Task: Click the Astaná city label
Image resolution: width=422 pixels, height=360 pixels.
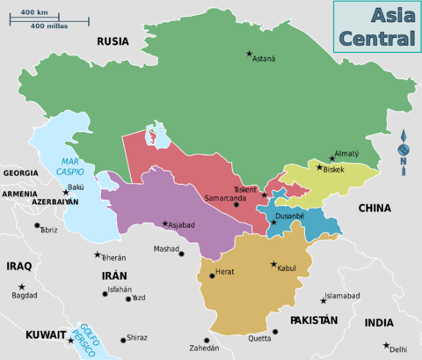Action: click(265, 59)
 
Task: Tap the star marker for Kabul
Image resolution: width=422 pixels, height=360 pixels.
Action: click(273, 264)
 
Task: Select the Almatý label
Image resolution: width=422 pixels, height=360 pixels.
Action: click(346, 154)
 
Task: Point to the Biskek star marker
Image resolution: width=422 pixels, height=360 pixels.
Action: click(319, 166)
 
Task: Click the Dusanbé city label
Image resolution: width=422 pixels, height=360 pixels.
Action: click(290, 216)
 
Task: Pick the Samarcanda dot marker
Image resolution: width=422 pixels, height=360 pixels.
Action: click(236, 205)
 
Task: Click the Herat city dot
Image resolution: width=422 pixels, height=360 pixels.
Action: click(212, 276)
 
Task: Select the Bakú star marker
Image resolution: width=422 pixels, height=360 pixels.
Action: click(65, 192)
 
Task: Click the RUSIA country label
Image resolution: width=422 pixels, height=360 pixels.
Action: click(113, 40)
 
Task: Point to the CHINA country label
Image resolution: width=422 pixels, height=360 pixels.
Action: click(375, 208)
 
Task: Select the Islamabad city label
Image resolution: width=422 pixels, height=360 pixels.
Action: click(343, 297)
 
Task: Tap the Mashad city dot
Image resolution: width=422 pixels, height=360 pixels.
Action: click(181, 253)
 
